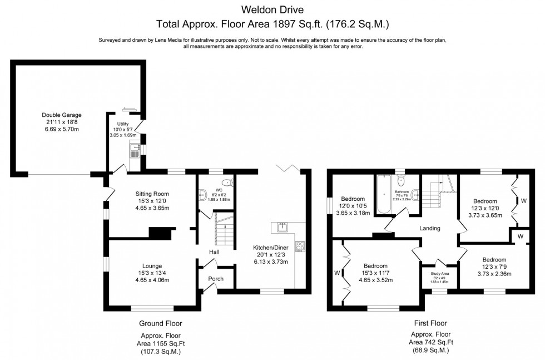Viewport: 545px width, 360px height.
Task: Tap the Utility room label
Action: click(123, 124)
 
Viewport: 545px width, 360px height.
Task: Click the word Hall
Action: click(214, 252)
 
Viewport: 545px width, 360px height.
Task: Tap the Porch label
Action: click(216, 279)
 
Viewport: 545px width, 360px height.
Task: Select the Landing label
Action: click(430, 228)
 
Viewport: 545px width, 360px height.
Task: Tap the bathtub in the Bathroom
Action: click(384, 195)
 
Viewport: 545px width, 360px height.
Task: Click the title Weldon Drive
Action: click(272, 9)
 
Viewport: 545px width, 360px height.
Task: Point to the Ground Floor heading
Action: click(160, 323)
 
